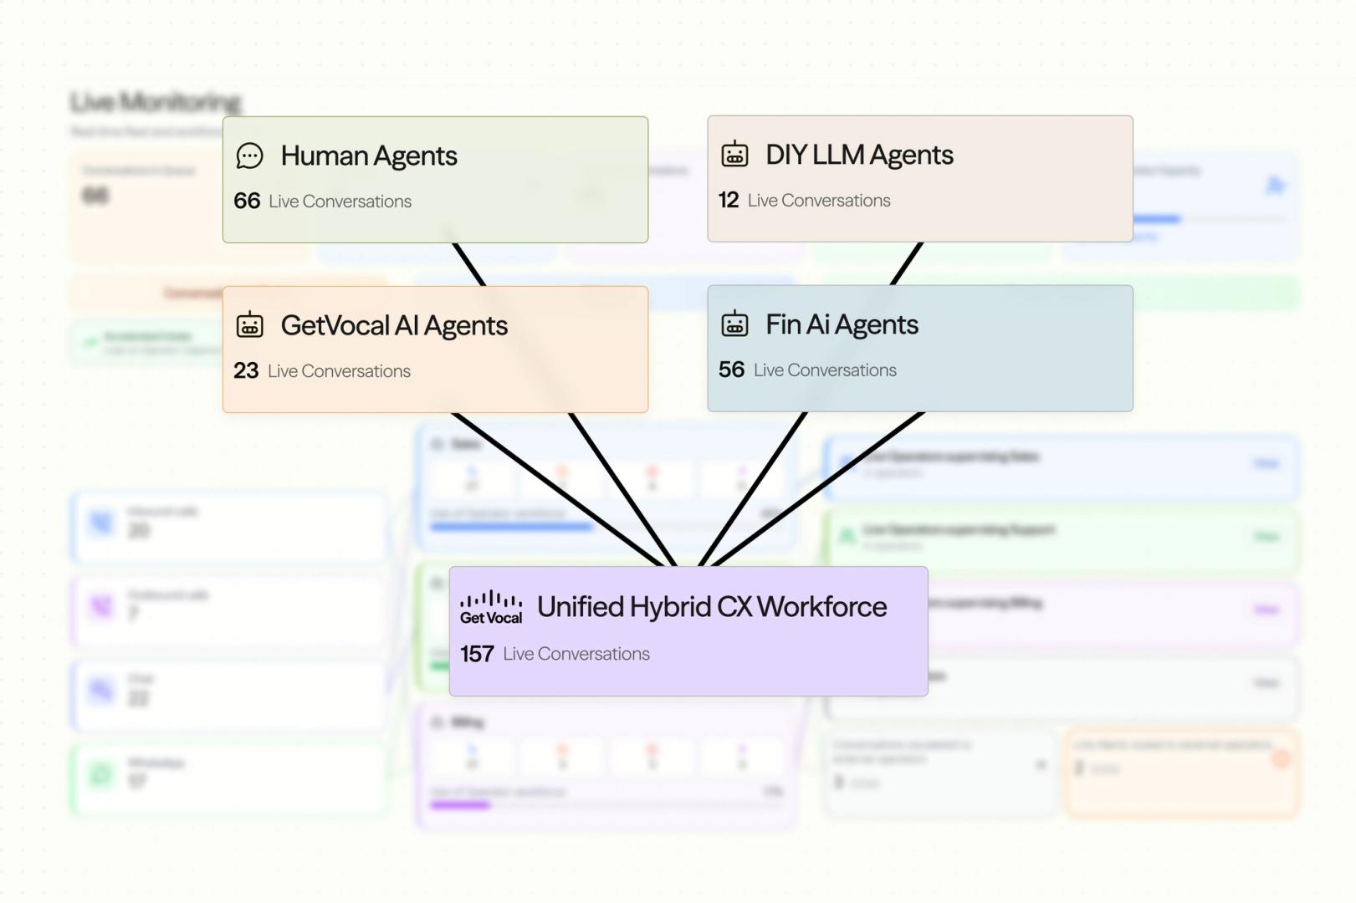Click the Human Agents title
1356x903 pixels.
[x=368, y=156]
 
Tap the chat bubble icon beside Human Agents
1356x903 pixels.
[x=249, y=156]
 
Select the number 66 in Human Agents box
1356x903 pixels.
[x=247, y=201]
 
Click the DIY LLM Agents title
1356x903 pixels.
[x=859, y=156]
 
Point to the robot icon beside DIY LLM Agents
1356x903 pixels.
[x=734, y=155]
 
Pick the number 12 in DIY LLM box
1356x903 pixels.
[x=729, y=200]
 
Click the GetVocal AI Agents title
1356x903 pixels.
[x=394, y=325]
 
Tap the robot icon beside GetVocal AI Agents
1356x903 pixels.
[x=249, y=324]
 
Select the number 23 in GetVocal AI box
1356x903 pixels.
[x=246, y=370]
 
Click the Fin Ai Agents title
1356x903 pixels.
[x=842, y=324]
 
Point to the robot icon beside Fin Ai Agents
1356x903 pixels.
[x=734, y=324]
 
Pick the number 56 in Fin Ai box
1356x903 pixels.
[x=731, y=370]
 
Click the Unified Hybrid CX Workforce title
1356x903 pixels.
[x=711, y=607]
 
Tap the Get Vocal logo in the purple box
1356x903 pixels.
[x=491, y=608]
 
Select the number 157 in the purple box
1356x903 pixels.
[x=477, y=654]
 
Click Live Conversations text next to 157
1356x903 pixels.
[x=576, y=654]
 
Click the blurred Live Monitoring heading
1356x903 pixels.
[x=156, y=102]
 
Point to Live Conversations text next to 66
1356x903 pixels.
[x=340, y=202]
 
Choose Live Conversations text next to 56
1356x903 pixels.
[x=825, y=370]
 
